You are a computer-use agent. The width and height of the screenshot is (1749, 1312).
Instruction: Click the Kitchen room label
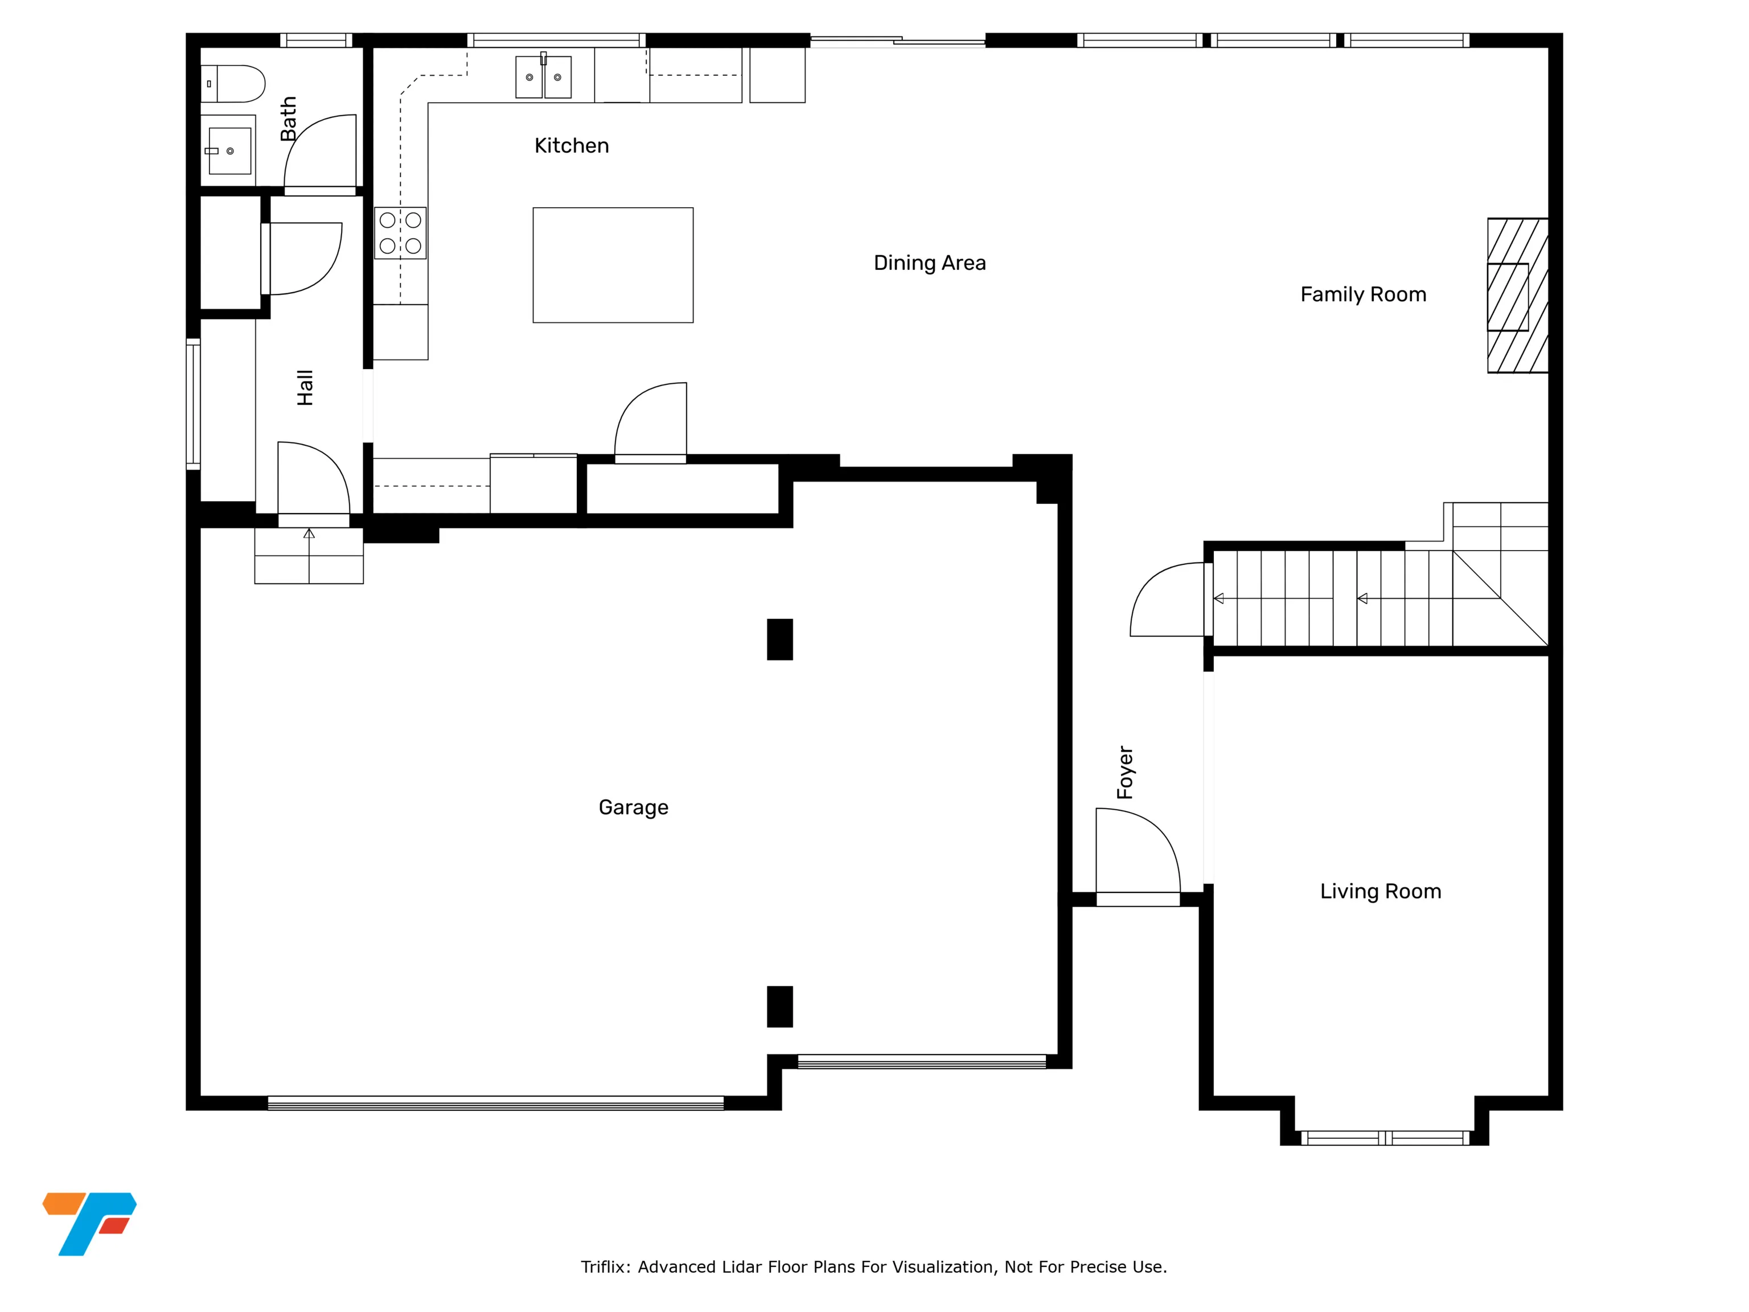click(x=572, y=146)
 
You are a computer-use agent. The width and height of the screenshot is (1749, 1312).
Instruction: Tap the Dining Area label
click(x=930, y=263)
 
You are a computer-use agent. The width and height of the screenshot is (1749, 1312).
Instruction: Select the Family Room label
click(x=1363, y=295)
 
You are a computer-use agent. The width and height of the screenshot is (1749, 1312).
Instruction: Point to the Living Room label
click(x=1381, y=891)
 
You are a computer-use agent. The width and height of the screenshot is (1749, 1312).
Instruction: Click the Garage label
click(x=633, y=807)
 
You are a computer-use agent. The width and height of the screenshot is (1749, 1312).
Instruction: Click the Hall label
click(x=305, y=388)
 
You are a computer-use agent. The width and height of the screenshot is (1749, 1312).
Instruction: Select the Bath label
click(x=289, y=118)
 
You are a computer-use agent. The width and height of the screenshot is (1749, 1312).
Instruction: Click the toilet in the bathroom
click(x=232, y=84)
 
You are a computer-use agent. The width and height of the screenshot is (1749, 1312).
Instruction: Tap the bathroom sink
click(x=228, y=150)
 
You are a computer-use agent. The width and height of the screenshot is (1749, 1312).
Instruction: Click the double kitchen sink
click(x=543, y=76)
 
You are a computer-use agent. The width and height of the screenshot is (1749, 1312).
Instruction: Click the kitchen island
click(x=613, y=265)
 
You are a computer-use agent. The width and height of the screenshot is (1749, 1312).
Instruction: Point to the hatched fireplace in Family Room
click(x=1517, y=296)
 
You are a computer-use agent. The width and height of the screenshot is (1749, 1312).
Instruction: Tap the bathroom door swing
click(x=319, y=154)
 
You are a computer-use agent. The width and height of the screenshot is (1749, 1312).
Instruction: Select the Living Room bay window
click(x=1385, y=1138)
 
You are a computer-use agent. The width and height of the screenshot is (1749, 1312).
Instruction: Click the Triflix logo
click(x=89, y=1223)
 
